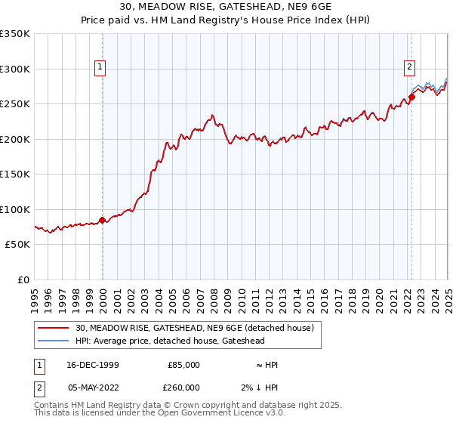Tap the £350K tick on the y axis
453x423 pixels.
(x=15, y=34)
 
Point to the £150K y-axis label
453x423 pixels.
(x=15, y=174)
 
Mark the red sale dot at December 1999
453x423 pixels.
(x=103, y=220)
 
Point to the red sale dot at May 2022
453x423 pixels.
(x=411, y=97)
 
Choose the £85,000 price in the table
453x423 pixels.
(x=183, y=365)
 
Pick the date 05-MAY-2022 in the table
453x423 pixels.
(x=91, y=387)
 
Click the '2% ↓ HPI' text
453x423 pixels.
(x=260, y=387)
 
